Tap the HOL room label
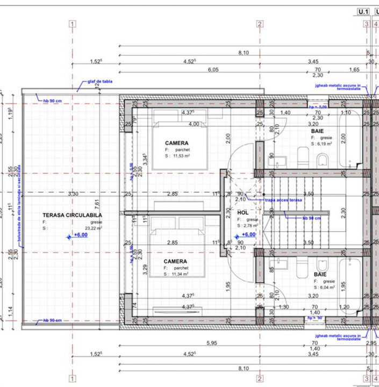point(244,213)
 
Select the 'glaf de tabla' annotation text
point(100,82)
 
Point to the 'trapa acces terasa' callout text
point(283,200)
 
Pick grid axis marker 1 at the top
point(72,24)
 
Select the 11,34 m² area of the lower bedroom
point(180,274)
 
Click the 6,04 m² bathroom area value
point(328,288)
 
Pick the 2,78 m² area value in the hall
point(248,226)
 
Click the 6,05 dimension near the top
point(213,69)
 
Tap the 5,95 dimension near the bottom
point(212,343)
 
